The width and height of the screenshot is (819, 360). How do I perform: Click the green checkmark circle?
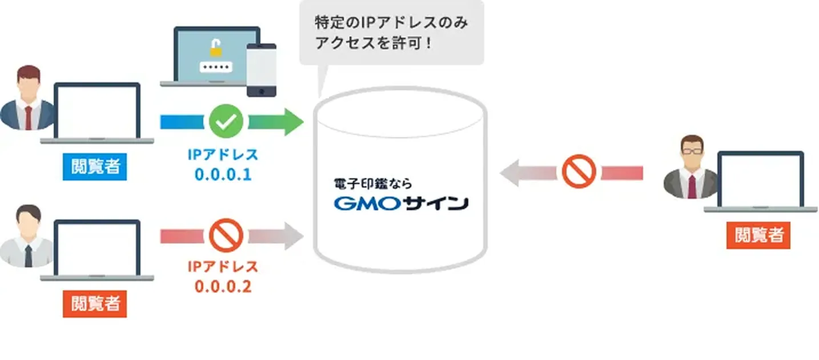226,121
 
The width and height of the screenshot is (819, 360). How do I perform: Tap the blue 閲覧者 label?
95,166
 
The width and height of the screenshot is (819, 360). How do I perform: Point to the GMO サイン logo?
400,203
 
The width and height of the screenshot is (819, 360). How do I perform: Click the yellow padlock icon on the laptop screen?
215,49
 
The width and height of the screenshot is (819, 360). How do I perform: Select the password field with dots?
215,67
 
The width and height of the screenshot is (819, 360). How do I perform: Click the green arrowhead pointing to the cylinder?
292,121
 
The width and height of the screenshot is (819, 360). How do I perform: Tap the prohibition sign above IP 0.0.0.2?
226,236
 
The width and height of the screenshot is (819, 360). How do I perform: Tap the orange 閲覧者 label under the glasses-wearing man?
758,234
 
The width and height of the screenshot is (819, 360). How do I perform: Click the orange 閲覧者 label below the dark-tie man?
95,303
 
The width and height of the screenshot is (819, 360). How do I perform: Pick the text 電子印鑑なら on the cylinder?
372,184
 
